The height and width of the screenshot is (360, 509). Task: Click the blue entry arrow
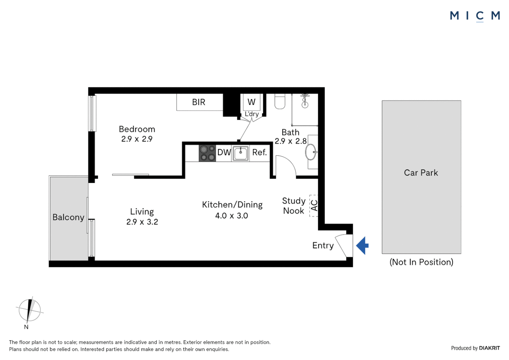coord(363,246)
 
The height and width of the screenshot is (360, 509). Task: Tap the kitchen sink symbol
coord(241,153)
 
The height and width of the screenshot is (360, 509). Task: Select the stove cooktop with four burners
coord(207,153)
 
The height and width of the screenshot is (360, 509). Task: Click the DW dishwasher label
coord(224,152)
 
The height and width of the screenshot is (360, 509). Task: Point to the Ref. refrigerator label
coord(259,152)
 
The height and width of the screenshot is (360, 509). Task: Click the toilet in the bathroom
coord(280,102)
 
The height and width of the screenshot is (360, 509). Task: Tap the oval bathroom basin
coord(311,152)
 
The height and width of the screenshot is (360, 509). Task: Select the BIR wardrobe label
coord(199,102)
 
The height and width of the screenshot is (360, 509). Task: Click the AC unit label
coord(314,205)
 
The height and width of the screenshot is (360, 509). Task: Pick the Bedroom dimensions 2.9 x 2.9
coord(137,139)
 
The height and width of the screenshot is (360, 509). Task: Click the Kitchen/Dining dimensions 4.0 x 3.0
coord(232,216)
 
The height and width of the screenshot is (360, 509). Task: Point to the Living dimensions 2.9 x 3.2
coord(142,222)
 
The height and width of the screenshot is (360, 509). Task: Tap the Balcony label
coord(68,217)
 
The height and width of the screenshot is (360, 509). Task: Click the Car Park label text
coord(421,173)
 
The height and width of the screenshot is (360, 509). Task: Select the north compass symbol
coord(29,310)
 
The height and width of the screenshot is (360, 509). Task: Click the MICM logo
coord(475,16)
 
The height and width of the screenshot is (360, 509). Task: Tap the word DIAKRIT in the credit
coord(489,348)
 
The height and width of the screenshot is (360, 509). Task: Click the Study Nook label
coord(293,206)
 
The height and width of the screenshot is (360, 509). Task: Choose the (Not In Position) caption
coord(421,262)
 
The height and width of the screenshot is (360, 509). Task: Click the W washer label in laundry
coord(252,102)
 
